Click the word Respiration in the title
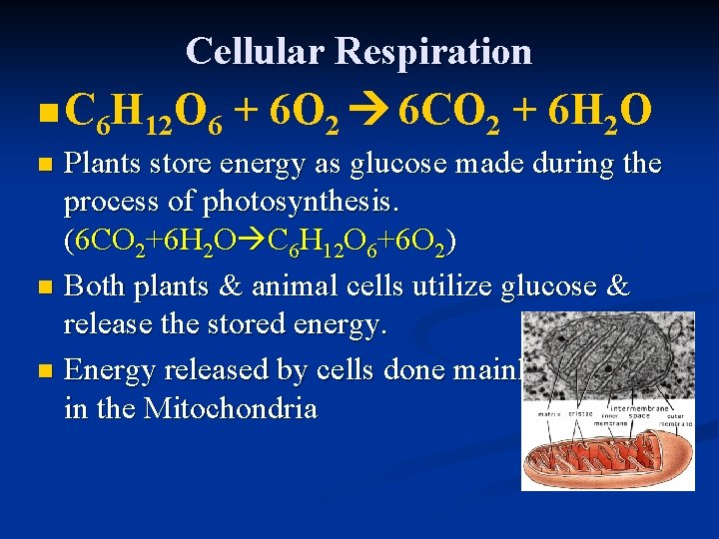[435, 51]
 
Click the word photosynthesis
[299, 204]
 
